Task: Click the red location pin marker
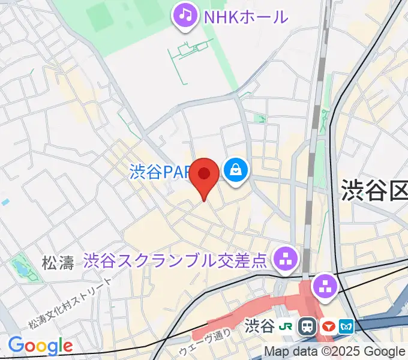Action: [204, 175]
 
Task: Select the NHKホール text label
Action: [246, 16]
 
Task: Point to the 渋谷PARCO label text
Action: [160, 173]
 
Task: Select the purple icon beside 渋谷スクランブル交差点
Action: [285, 259]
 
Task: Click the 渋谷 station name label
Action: [260, 327]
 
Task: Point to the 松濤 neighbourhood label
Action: [58, 263]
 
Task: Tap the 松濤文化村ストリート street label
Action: [71, 304]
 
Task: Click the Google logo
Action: [40, 346]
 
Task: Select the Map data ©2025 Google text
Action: [335, 352]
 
